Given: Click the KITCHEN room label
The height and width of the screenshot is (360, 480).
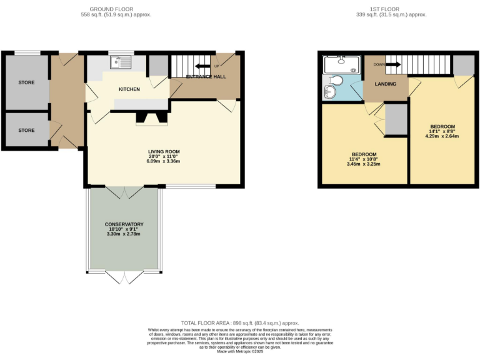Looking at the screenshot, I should (x=129, y=89).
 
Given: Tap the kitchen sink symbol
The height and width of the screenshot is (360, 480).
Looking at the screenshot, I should (x=119, y=62).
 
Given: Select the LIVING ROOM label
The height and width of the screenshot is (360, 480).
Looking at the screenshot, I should (x=164, y=152).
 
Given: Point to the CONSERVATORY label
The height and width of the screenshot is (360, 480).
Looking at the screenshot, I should (x=125, y=224).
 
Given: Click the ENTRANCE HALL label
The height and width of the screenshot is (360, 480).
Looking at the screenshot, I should (x=206, y=77).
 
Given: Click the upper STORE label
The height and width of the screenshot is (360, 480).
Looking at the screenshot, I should (x=26, y=82).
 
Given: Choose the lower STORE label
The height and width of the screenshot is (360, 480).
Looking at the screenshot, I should (x=26, y=131).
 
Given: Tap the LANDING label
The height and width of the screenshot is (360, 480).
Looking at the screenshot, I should (x=385, y=84).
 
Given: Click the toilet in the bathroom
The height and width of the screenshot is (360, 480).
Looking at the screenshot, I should (x=336, y=81).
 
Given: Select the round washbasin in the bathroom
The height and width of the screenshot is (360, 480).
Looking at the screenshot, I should (x=330, y=92).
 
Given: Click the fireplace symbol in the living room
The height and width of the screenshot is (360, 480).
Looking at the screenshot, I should (x=152, y=119).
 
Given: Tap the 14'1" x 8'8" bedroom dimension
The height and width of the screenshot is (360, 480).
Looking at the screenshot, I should (x=442, y=131).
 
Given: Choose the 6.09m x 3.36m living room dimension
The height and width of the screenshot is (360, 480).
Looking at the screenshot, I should (x=164, y=162).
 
